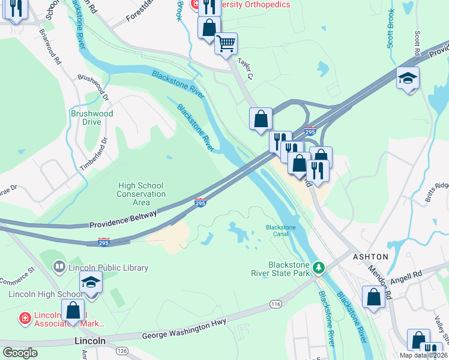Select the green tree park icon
(321, 266)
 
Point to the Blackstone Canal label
(282, 231)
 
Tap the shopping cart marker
(226, 43)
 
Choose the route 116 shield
(276, 304)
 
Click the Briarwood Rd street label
(50, 47)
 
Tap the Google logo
(20, 352)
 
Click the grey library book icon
(59, 266)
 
